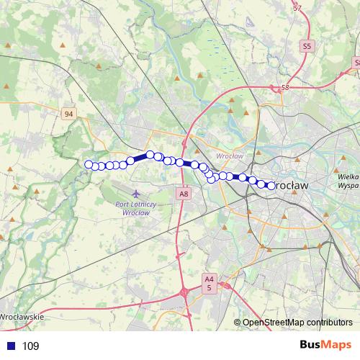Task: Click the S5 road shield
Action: tap(308, 45)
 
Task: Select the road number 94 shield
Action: tap(68, 114)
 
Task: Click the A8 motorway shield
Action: tap(184, 193)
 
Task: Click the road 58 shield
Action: tap(284, 87)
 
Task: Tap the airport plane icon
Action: tap(137, 194)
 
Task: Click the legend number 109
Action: tap(31, 346)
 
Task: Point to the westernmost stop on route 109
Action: tap(89, 165)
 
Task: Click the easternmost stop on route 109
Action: tap(271, 185)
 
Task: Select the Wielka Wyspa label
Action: tap(348, 180)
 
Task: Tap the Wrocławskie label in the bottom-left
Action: tap(22, 316)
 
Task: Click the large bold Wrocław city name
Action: tap(292, 185)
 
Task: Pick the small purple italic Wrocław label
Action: tap(229, 156)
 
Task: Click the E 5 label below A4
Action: tap(209, 287)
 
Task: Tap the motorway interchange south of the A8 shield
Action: tap(186, 292)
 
